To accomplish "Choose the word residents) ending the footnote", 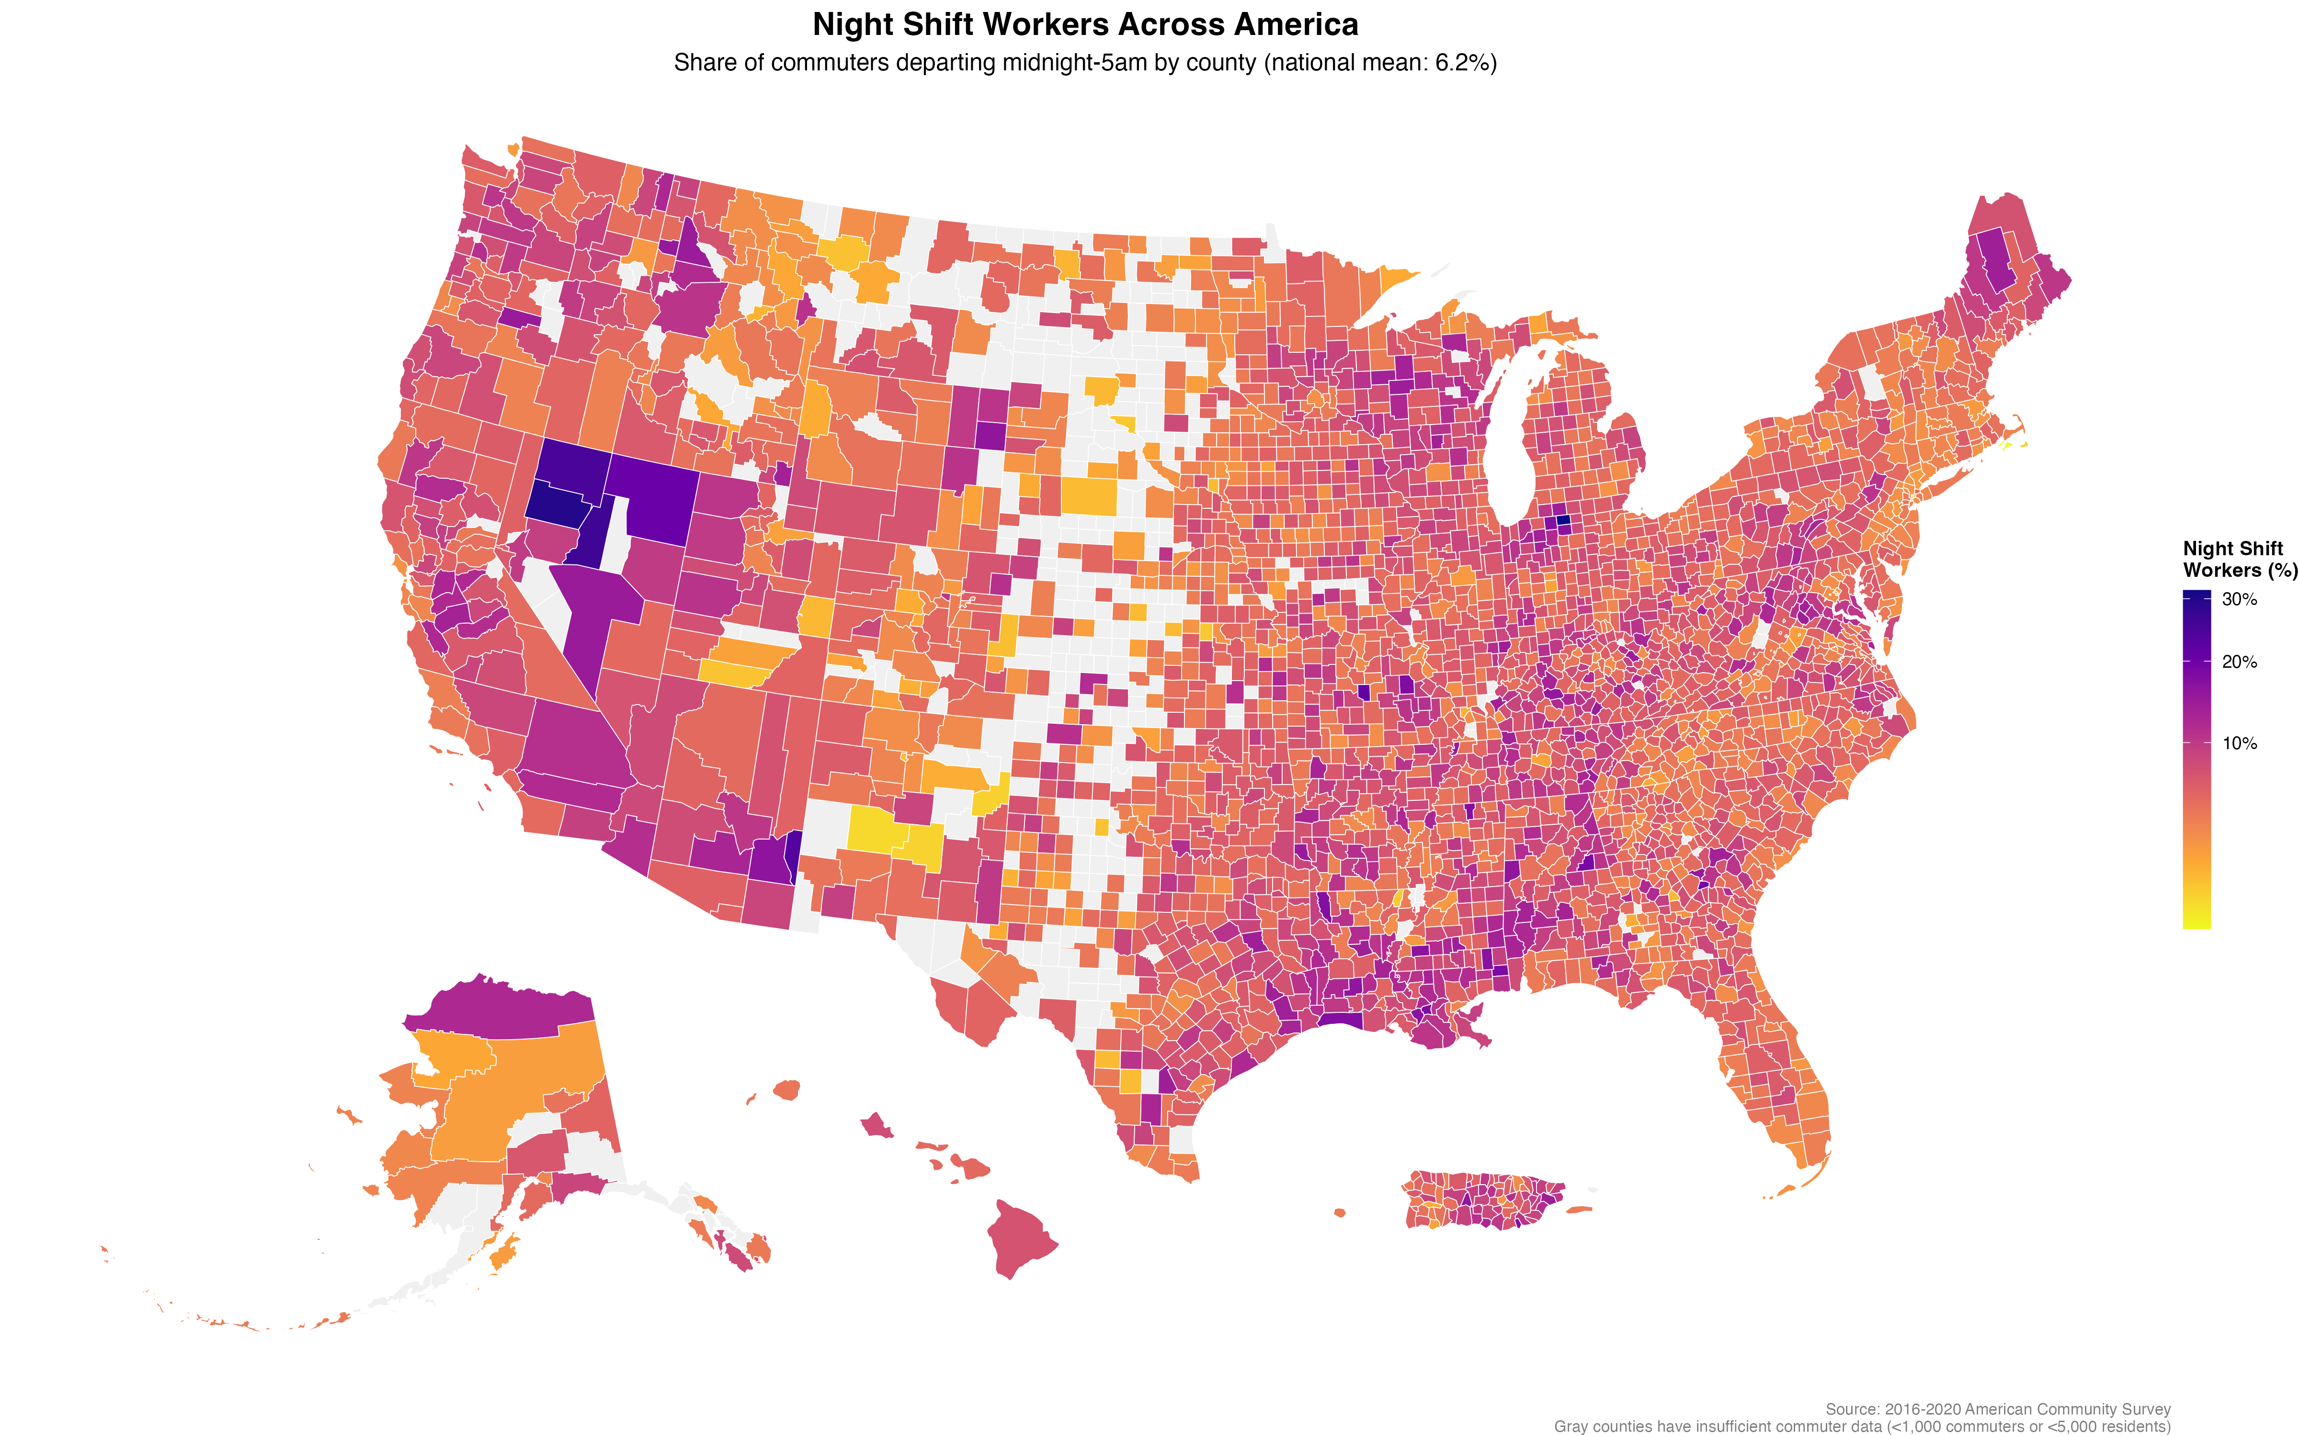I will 2133,1426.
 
